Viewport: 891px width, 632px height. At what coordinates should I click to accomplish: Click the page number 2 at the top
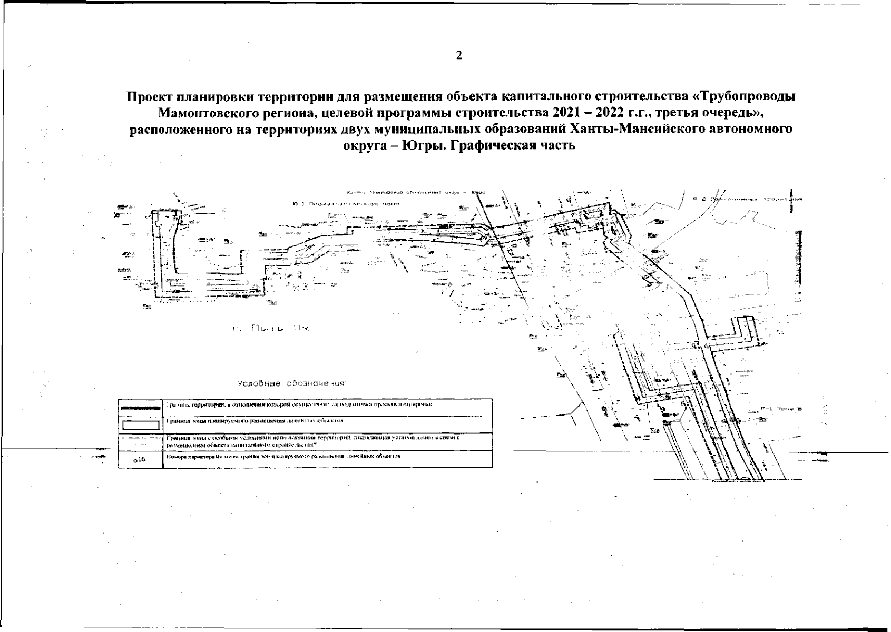click(459, 55)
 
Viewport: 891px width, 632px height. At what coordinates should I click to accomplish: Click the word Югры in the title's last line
click(419, 146)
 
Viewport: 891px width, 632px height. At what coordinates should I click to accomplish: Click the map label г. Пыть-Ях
click(271, 329)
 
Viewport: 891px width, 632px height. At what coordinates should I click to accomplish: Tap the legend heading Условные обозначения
click(291, 383)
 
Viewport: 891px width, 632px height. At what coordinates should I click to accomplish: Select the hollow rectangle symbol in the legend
click(141, 424)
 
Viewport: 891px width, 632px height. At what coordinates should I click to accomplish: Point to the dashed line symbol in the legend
click(141, 438)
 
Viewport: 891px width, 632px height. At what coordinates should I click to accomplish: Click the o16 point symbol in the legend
click(140, 460)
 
